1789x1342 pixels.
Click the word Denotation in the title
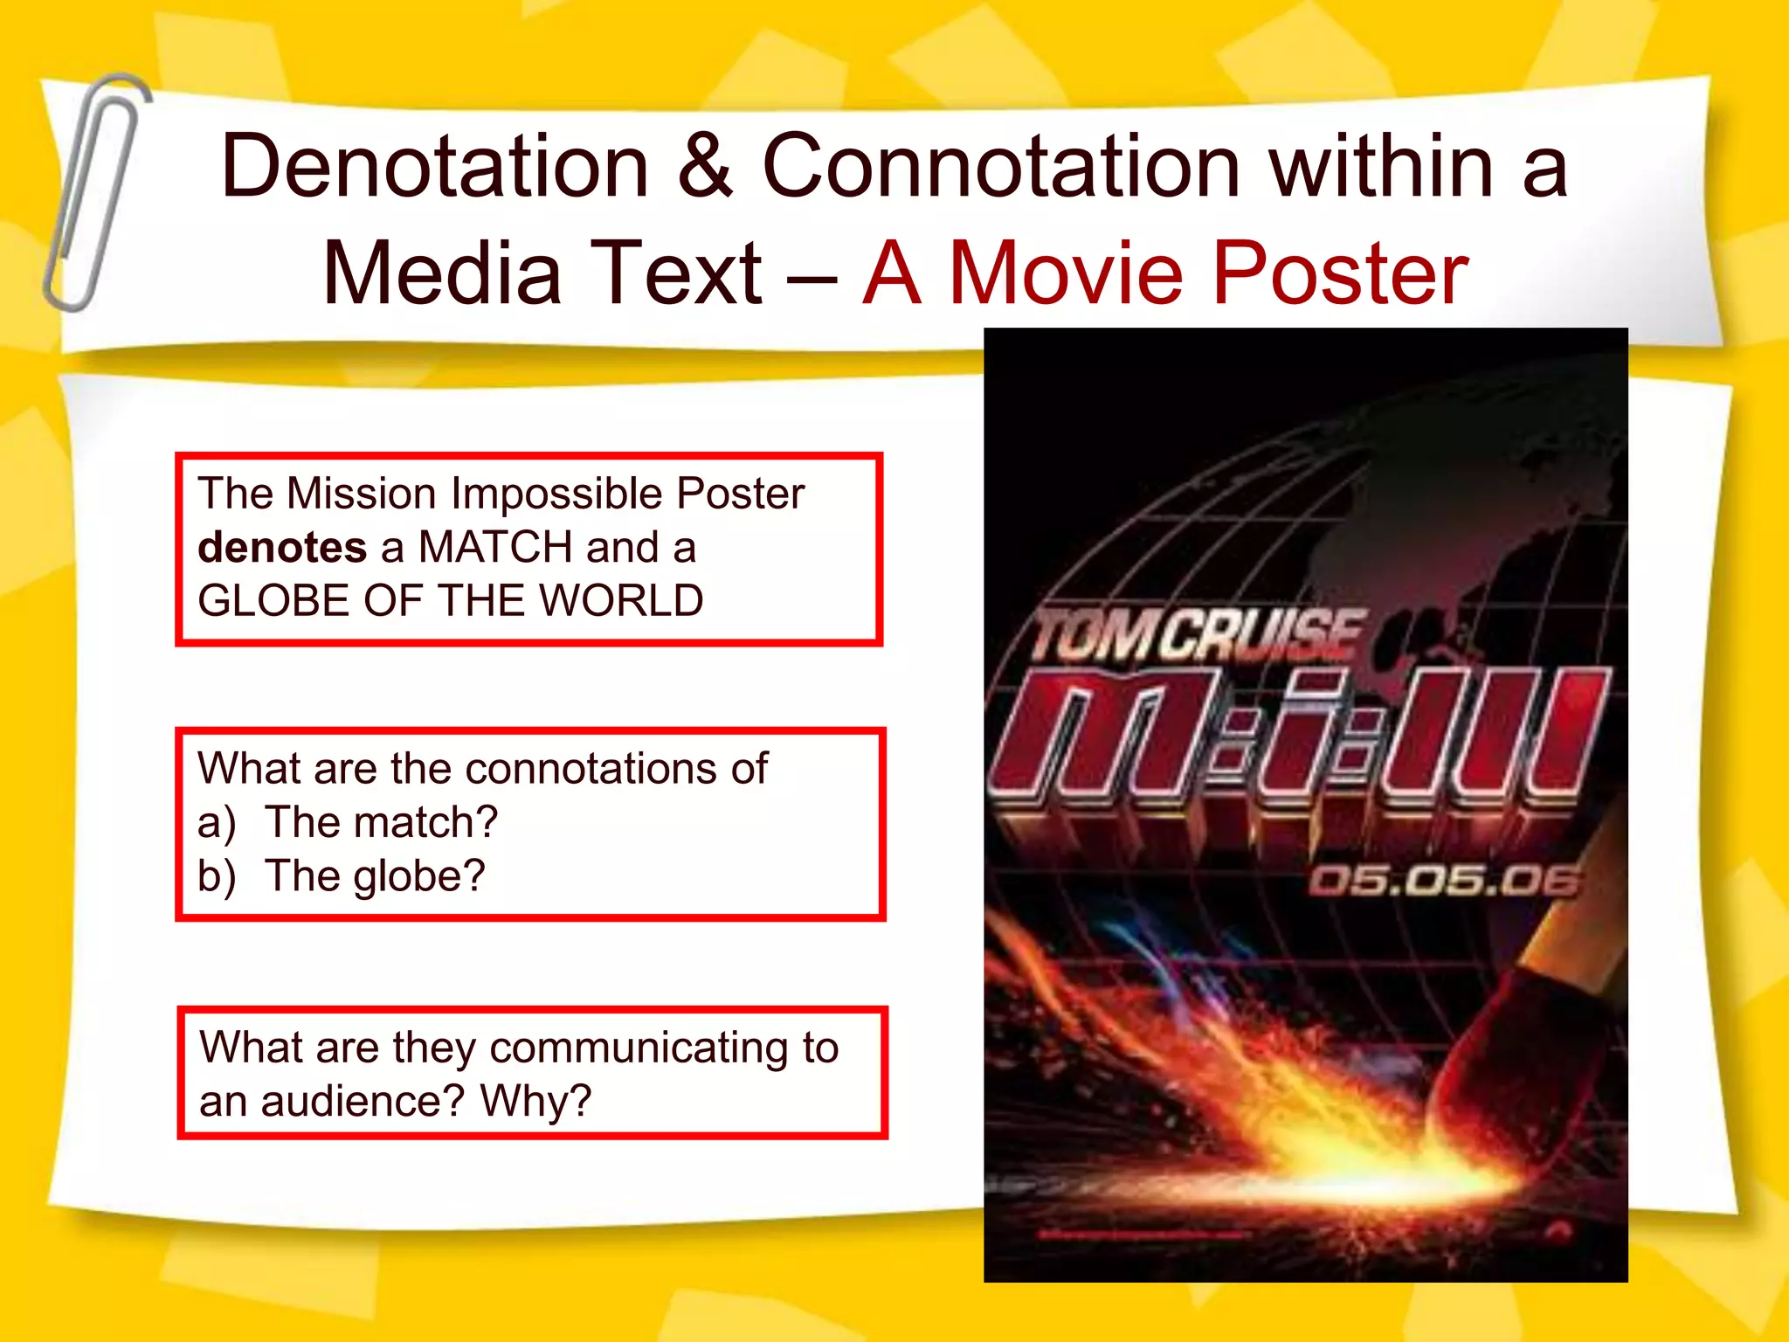point(435,166)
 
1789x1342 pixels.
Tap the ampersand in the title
point(705,166)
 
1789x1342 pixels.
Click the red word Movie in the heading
point(1067,273)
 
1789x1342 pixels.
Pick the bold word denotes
point(282,548)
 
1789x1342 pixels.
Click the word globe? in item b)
point(418,876)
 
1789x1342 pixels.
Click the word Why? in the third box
point(535,1101)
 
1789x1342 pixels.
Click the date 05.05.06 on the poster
point(1444,881)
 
